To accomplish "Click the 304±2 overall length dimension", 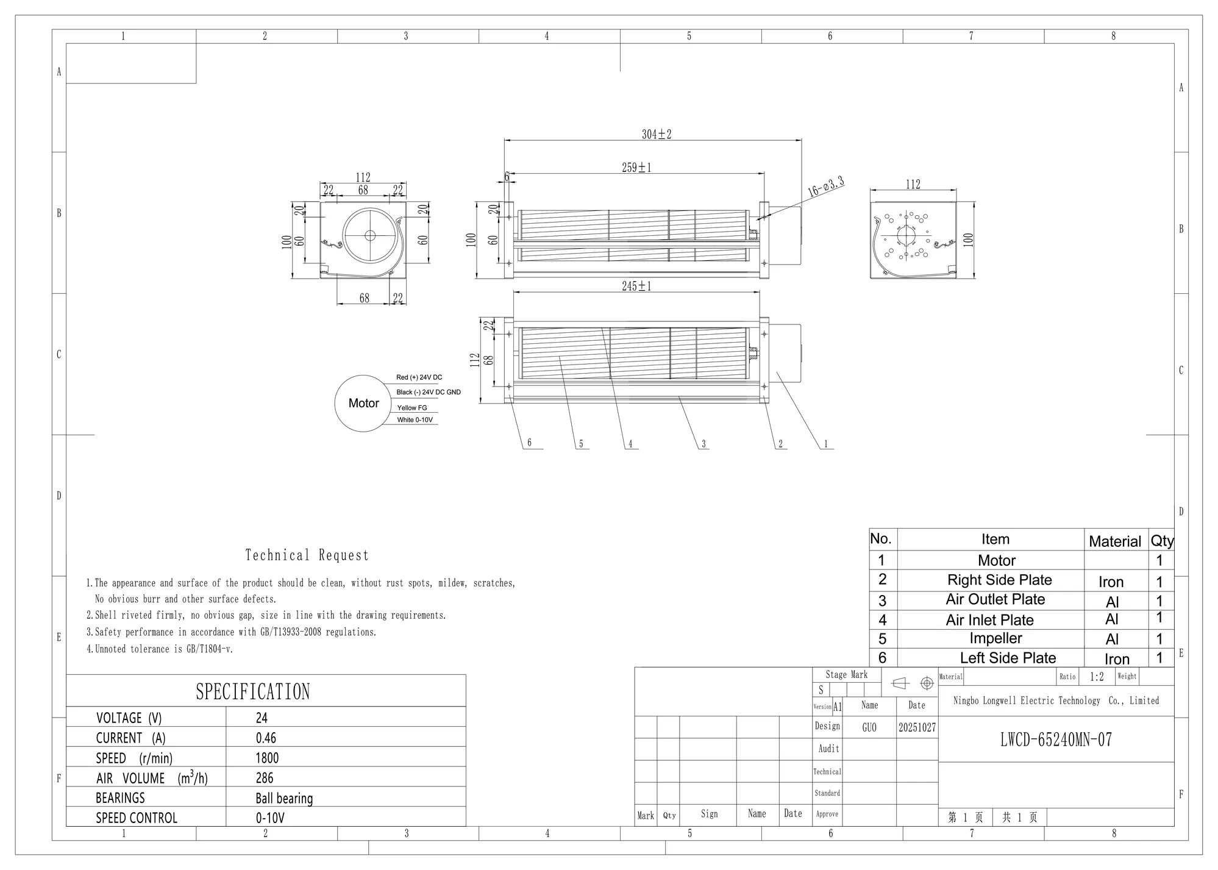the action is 657,134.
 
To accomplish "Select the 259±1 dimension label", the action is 636,168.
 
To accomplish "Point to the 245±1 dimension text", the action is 636,286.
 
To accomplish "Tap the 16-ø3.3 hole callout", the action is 827,186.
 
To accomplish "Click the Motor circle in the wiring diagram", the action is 363,404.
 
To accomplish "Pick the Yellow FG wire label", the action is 412,408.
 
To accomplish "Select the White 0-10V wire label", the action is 415,420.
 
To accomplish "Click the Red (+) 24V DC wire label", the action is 419,377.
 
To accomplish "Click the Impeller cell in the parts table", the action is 995,638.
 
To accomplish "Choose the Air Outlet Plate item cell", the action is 995,599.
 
